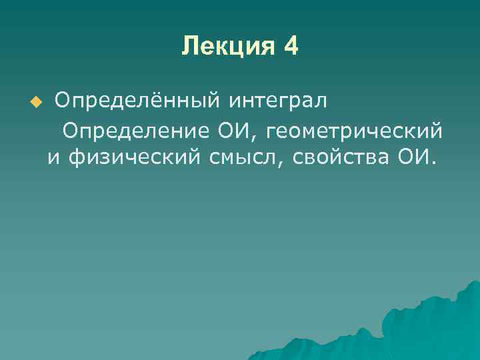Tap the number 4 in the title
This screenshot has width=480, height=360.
[x=291, y=47]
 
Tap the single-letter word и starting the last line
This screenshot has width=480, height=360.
[x=53, y=158]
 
